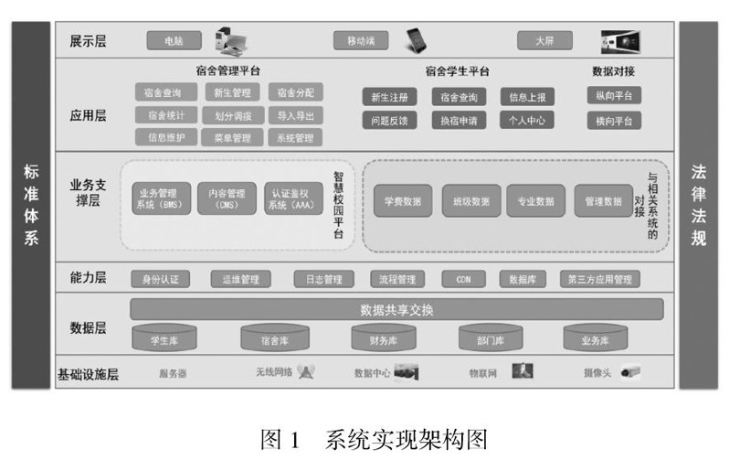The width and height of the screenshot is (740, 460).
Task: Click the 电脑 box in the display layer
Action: pyautogui.click(x=174, y=41)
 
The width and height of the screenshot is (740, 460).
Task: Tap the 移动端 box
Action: pyautogui.click(x=361, y=41)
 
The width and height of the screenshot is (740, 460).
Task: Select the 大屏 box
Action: pyautogui.click(x=544, y=41)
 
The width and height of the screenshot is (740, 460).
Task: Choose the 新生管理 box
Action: pyautogui.click(x=232, y=92)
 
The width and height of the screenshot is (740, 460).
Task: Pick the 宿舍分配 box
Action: pyautogui.click(x=295, y=92)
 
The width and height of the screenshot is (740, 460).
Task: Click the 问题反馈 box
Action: pyautogui.click(x=390, y=120)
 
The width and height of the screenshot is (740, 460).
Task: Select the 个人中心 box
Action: pyautogui.click(x=526, y=120)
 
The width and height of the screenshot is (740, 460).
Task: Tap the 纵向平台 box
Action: pyautogui.click(x=613, y=95)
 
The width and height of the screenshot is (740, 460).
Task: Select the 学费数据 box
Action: pyautogui.click(x=403, y=200)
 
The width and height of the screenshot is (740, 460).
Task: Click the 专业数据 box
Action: pyautogui.click(x=536, y=200)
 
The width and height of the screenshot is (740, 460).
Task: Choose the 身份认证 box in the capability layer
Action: pyautogui.click(x=161, y=279)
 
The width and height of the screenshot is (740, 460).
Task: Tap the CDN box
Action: pyautogui.click(x=463, y=279)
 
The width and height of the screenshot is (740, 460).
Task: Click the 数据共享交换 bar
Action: pyautogui.click(x=396, y=309)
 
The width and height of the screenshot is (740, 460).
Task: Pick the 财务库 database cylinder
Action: pyautogui.click(x=383, y=339)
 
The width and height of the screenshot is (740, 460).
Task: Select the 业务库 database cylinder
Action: pyautogui.click(x=595, y=339)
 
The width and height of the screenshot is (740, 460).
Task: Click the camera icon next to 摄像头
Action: pyautogui.click(x=630, y=372)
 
